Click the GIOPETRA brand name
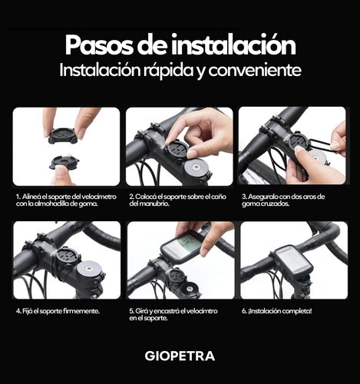(x=180, y=356)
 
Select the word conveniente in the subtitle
(x=255, y=70)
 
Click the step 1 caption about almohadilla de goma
(x=66, y=200)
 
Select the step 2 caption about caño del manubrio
(x=177, y=200)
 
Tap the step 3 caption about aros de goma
(x=283, y=200)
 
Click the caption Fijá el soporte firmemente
(x=58, y=311)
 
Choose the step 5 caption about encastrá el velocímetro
(x=173, y=315)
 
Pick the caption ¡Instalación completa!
(x=277, y=311)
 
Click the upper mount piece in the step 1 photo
(x=62, y=134)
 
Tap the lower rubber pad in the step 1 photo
(x=64, y=162)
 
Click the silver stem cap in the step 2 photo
(x=196, y=167)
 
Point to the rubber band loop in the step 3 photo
(x=322, y=145)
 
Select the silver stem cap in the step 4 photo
(x=88, y=269)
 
